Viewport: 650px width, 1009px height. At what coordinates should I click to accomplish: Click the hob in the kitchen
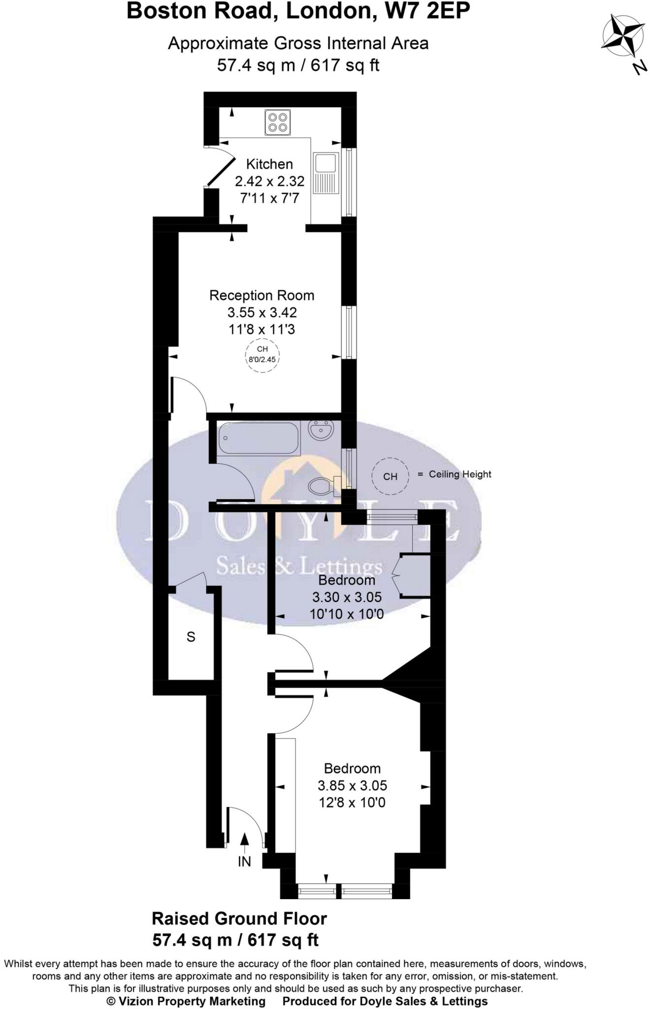pyautogui.click(x=277, y=122)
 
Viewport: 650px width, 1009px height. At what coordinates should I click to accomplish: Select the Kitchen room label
pyautogui.click(x=269, y=164)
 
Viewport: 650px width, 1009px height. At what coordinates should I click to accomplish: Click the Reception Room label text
pyautogui.click(x=261, y=296)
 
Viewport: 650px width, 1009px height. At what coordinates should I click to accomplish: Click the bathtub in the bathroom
pyautogui.click(x=259, y=438)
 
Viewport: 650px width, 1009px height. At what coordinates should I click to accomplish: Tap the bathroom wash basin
pyautogui.click(x=321, y=431)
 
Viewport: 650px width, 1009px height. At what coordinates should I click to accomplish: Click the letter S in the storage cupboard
pyautogui.click(x=191, y=637)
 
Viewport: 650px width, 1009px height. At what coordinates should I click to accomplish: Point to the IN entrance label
pyautogui.click(x=245, y=861)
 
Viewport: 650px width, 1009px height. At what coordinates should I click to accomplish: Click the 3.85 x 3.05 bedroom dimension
pyautogui.click(x=352, y=785)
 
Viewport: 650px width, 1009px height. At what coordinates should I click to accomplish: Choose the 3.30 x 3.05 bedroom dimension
pyautogui.click(x=347, y=597)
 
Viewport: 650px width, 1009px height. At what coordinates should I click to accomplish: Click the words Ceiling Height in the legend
pyautogui.click(x=460, y=474)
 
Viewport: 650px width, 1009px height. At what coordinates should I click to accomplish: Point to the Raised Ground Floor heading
pyautogui.click(x=239, y=919)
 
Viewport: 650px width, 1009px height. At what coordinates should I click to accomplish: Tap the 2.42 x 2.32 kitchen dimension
pyautogui.click(x=269, y=181)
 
